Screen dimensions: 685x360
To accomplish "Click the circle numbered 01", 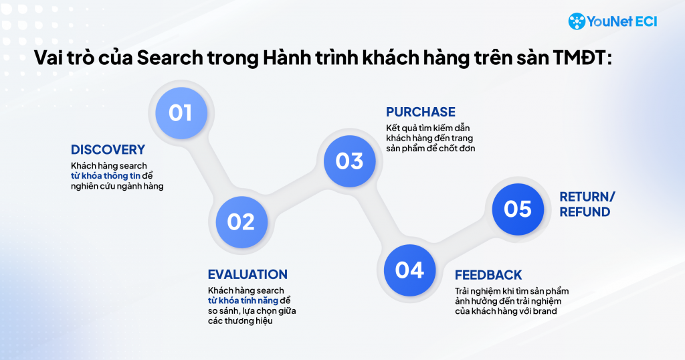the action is pos(181,112).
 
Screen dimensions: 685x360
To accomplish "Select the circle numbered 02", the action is pos(241,222).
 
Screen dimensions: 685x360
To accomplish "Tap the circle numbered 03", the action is pos(349,161).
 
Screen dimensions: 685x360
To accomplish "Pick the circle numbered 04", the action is pos(410,270).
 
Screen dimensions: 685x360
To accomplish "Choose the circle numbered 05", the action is pos(518,209).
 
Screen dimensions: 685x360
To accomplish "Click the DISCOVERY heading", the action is pos(108,150).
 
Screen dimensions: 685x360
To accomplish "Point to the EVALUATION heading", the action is pos(248,274).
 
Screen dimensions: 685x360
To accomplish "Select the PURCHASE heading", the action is pos(421,112).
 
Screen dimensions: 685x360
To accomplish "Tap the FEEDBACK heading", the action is pos(488,275).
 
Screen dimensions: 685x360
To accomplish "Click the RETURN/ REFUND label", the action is pos(587,204).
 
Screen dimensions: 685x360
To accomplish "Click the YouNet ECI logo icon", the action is pos(577,21).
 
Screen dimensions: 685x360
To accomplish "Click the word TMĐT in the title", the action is pos(582,58).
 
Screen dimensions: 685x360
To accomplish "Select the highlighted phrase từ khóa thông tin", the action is pos(106,176).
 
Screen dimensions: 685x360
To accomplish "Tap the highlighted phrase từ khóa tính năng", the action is pos(243,300).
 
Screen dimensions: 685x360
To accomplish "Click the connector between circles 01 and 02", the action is pos(211,167).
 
